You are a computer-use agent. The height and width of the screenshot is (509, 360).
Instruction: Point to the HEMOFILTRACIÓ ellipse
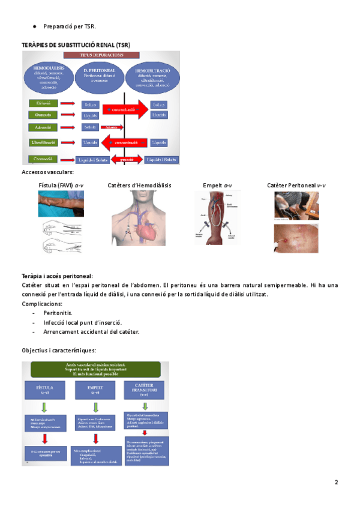(x=151, y=76)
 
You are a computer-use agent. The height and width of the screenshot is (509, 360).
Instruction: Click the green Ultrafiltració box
(x=43, y=143)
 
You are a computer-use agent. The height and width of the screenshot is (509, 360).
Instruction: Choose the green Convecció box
(x=43, y=160)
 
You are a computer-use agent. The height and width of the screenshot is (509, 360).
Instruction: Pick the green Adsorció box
(x=43, y=127)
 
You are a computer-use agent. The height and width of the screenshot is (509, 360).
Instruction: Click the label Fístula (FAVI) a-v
(x=61, y=185)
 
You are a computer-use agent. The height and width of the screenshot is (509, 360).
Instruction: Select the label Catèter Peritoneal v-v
(x=296, y=185)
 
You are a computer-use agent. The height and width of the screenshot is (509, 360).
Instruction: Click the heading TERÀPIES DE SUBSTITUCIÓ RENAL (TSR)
(x=76, y=45)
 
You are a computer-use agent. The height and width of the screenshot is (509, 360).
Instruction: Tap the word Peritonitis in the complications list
(x=58, y=313)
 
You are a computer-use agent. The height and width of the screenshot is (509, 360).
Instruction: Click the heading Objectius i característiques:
(x=59, y=350)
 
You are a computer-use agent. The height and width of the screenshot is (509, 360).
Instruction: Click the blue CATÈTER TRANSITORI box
(x=145, y=390)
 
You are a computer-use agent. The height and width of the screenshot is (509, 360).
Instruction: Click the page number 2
(x=337, y=483)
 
